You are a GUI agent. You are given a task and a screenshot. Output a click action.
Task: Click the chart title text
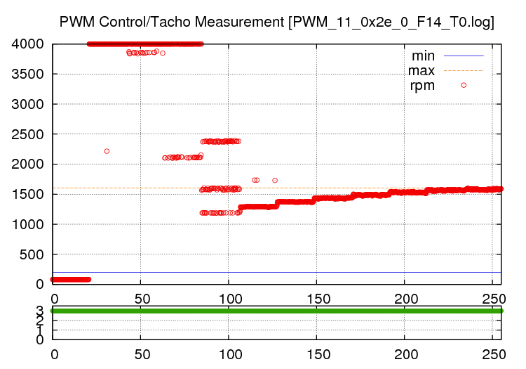pos(277,22)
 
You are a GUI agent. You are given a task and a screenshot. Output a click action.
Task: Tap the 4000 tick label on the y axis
pos(28,44)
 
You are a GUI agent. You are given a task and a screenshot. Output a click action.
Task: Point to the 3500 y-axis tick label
pos(28,74)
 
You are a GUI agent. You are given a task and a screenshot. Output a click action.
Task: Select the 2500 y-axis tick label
pos(28,134)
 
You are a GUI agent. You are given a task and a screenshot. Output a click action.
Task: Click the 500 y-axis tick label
pos(33,254)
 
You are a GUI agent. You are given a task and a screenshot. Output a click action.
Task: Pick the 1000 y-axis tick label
pos(28,224)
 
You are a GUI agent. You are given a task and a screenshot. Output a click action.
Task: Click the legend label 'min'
pos(423,56)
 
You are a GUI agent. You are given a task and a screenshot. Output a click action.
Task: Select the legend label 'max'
pos(422,70)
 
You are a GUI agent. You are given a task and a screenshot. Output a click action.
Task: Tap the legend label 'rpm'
pos(422,85)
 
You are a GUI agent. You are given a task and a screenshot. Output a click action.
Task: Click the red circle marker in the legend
pos(463,85)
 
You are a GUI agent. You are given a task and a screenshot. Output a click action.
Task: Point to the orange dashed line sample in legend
pos(463,70)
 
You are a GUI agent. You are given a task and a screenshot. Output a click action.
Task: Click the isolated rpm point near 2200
pos(107,151)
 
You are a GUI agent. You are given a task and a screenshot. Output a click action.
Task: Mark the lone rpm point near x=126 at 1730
pos(275,180)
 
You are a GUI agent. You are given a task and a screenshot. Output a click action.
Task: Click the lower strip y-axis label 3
pos(40,310)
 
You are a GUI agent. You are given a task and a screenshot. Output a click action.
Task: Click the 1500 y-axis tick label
pos(28,194)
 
